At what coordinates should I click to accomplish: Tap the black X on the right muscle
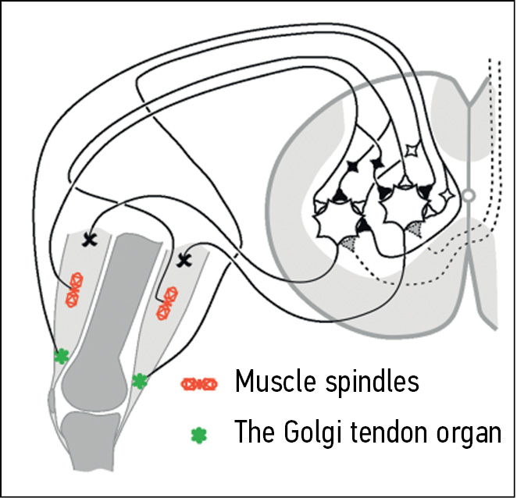[x=185, y=260]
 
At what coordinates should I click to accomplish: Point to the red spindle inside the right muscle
[x=166, y=302]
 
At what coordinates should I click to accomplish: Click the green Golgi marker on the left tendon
[x=62, y=356]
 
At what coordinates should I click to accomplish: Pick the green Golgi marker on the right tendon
[x=140, y=381]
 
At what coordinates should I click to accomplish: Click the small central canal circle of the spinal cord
[x=469, y=195]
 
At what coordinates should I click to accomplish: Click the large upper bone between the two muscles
[x=117, y=312]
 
